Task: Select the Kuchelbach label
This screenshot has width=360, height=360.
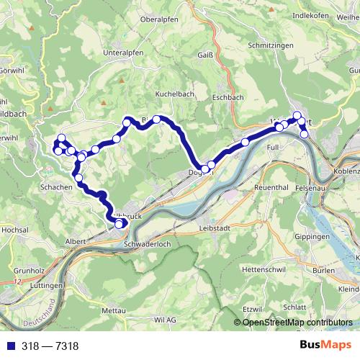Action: coord(176,94)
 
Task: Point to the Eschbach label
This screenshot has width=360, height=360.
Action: coord(229,96)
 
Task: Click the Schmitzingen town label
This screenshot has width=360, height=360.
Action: coord(269,45)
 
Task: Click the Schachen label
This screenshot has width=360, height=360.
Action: coord(57,187)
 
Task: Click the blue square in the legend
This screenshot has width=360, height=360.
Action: coord(7,346)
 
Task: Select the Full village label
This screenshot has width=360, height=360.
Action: coord(272,147)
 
